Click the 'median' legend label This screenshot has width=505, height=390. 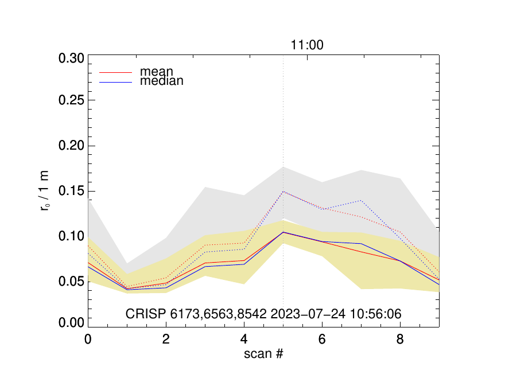click(162, 81)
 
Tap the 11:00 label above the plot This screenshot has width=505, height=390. click(306, 45)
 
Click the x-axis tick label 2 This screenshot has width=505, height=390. click(166, 339)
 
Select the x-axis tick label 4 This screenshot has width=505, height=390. click(244, 339)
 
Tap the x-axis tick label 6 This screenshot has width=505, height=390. click(322, 339)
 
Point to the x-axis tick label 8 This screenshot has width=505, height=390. click(400, 339)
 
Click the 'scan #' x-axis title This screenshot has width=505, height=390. click(263, 354)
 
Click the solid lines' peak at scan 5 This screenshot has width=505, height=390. click(283, 232)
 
